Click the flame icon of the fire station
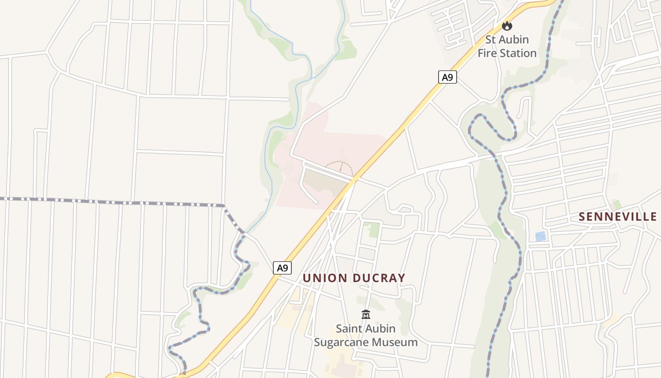coord(507,26)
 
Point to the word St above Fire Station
coord(492,39)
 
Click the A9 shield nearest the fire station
coord(447,77)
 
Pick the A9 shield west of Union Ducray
coord(282,268)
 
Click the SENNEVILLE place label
coord(618,216)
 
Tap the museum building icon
coord(365,314)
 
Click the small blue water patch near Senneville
coord(540,236)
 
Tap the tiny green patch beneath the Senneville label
coord(617,205)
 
